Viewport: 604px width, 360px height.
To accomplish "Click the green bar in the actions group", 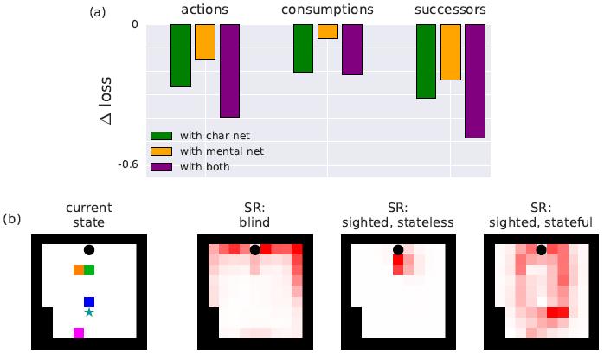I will [180, 55].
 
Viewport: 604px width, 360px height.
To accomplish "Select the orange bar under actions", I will [205, 42].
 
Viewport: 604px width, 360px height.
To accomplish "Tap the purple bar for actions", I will [229, 70].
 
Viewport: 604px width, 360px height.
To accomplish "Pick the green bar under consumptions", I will [304, 48].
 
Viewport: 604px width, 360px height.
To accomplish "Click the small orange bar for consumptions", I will [328, 31].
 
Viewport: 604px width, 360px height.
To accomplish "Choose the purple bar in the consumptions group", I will [352, 49].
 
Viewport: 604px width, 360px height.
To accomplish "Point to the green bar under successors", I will [426, 61].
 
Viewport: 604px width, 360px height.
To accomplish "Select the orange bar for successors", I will [450, 52].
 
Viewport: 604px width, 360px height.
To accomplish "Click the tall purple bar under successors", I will [475, 80].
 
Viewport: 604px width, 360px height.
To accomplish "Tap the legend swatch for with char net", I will [162, 135].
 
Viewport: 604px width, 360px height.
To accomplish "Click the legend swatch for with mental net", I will [162, 151].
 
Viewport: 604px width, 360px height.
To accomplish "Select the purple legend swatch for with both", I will [162, 166].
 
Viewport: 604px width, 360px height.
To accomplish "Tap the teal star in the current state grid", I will [89, 312].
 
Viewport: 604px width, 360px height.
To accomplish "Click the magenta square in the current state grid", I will [79, 333].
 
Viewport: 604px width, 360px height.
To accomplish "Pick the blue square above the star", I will [89, 301].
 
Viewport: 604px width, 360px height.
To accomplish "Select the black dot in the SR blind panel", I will [254, 250].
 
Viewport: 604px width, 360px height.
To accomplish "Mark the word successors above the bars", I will [450, 10].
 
